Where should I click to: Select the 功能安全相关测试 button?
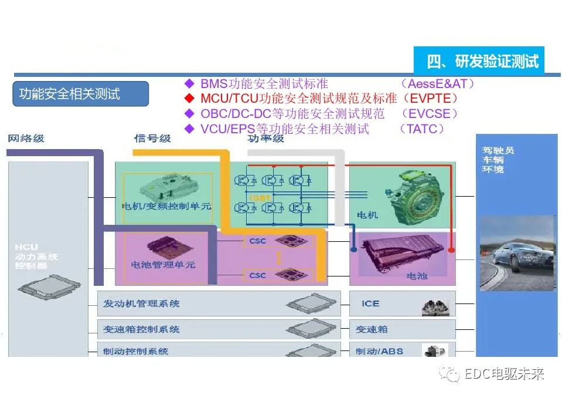70,94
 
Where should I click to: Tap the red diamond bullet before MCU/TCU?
189,98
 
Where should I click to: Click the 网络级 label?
26,139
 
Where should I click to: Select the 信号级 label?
152,139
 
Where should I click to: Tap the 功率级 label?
265,139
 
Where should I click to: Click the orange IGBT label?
260,198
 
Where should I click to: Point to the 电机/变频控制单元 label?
166,206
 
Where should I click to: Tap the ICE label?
370,303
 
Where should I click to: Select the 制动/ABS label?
379,351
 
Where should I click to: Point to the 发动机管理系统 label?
141,303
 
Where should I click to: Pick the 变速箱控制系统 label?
141,329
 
